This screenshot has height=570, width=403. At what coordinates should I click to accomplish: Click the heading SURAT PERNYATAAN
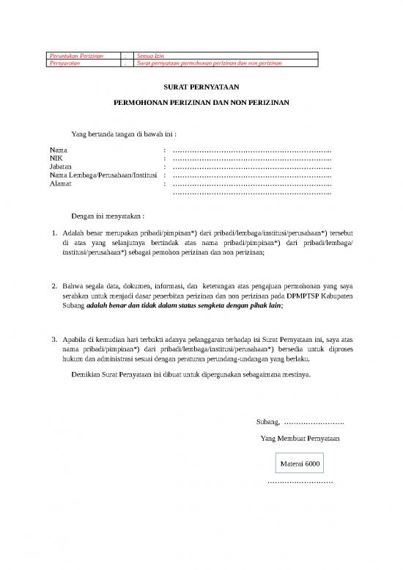(x=201, y=87)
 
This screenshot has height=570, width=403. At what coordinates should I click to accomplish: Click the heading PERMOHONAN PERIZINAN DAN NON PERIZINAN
(x=201, y=104)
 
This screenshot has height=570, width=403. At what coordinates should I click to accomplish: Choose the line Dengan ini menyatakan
(x=108, y=217)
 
